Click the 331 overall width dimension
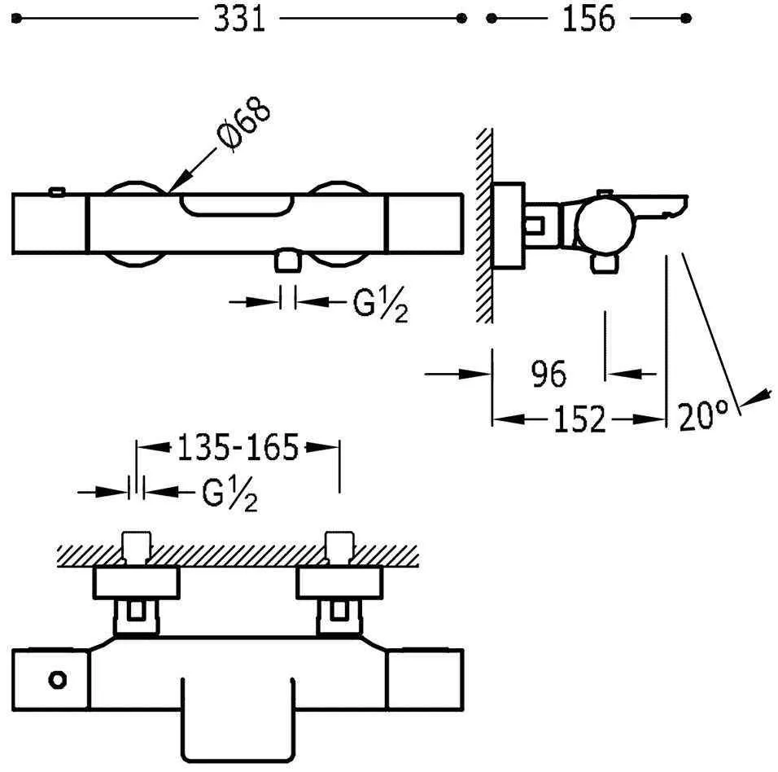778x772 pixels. click(x=239, y=20)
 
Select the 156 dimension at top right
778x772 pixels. click(x=588, y=20)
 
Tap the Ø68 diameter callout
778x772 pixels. click(x=244, y=125)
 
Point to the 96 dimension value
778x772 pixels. click(x=549, y=374)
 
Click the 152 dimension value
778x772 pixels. click(x=579, y=419)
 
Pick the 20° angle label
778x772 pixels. click(x=704, y=416)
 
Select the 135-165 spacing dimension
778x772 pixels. click(x=238, y=447)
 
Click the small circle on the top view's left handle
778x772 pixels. click(x=58, y=680)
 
